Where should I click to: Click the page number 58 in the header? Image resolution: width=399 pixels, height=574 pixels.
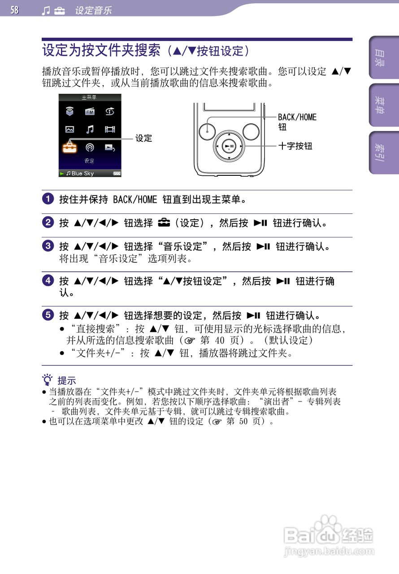[x=15, y=10]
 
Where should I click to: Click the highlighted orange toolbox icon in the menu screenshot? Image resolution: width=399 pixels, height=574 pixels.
[x=69, y=147]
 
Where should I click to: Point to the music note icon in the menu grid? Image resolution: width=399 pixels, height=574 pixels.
[x=90, y=129]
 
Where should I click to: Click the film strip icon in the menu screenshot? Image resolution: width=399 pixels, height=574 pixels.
[x=110, y=129]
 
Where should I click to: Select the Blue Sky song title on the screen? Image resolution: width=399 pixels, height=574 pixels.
[x=82, y=174]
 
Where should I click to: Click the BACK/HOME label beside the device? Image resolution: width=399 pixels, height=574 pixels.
[x=297, y=117]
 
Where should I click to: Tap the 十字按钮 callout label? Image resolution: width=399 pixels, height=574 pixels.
[x=295, y=146]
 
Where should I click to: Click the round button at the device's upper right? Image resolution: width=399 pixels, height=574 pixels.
[x=251, y=130]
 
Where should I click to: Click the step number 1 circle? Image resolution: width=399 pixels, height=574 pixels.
[x=48, y=199]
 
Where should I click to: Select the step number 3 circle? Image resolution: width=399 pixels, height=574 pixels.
[x=48, y=246]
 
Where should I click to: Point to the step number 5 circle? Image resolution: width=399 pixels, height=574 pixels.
[x=48, y=315]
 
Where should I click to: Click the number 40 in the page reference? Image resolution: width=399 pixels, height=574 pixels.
[x=220, y=340]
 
